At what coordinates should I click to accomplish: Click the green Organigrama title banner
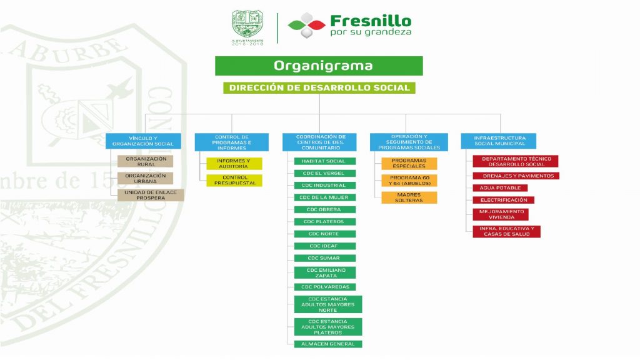pyautogui.click(x=319, y=66)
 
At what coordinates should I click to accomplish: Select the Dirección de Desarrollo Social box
pyautogui.click(x=319, y=88)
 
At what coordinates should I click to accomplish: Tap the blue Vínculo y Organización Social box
pyautogui.click(x=143, y=141)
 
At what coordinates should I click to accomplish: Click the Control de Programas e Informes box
pyautogui.click(x=232, y=141)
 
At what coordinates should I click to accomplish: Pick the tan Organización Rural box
pyautogui.click(x=146, y=161)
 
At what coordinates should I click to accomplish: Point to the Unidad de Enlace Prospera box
pyautogui.click(x=151, y=195)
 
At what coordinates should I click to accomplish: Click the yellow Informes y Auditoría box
pyautogui.click(x=234, y=164)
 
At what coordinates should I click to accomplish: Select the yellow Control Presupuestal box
pyautogui.click(x=234, y=181)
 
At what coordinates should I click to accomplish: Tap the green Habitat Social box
pyautogui.click(x=324, y=161)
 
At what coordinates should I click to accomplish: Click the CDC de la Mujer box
pyautogui.click(x=324, y=197)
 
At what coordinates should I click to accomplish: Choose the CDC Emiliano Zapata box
pyautogui.click(x=324, y=272)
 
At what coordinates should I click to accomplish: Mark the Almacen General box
pyautogui.click(x=327, y=344)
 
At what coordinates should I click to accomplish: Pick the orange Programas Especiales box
pyautogui.click(x=409, y=164)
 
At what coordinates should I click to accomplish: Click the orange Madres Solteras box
pyautogui.click(x=409, y=197)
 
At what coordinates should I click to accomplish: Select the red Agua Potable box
pyautogui.click(x=501, y=187)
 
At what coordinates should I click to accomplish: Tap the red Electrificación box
pyautogui.click(x=504, y=200)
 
